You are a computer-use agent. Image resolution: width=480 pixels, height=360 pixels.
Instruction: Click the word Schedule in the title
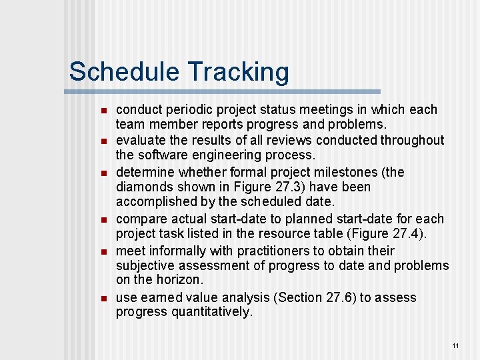click(124, 71)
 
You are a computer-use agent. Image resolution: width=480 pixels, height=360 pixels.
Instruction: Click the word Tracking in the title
click(238, 71)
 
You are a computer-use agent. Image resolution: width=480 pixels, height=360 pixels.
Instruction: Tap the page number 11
click(455, 345)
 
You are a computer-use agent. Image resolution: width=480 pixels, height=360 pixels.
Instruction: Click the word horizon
click(179, 280)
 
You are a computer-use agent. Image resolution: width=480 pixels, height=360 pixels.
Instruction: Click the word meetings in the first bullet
click(313, 109)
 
